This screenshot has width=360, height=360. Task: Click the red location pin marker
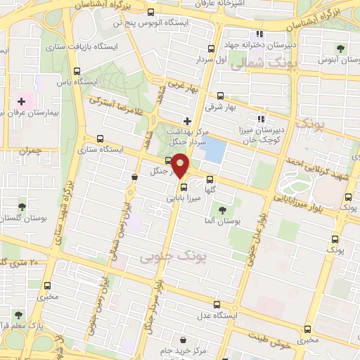click(181, 165)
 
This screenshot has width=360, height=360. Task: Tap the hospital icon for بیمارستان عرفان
click(21, 102)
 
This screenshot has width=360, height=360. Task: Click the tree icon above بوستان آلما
click(223, 210)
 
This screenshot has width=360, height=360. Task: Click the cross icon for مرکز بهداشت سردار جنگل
click(186, 120)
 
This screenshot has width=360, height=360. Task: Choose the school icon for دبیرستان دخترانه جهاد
click(259, 33)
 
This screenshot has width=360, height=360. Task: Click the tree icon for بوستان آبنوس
click(340, 49)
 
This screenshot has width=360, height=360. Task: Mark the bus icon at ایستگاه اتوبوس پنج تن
click(151, 12)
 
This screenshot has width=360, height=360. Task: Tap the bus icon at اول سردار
click(212, 48)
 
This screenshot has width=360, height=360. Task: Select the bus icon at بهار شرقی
click(220, 96)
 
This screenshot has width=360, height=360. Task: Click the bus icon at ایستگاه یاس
click(77, 70)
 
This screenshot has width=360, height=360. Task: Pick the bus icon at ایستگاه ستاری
click(100, 138)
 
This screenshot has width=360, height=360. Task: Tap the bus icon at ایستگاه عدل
click(217, 305)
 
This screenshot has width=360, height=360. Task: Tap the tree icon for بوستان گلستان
click(22, 207)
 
